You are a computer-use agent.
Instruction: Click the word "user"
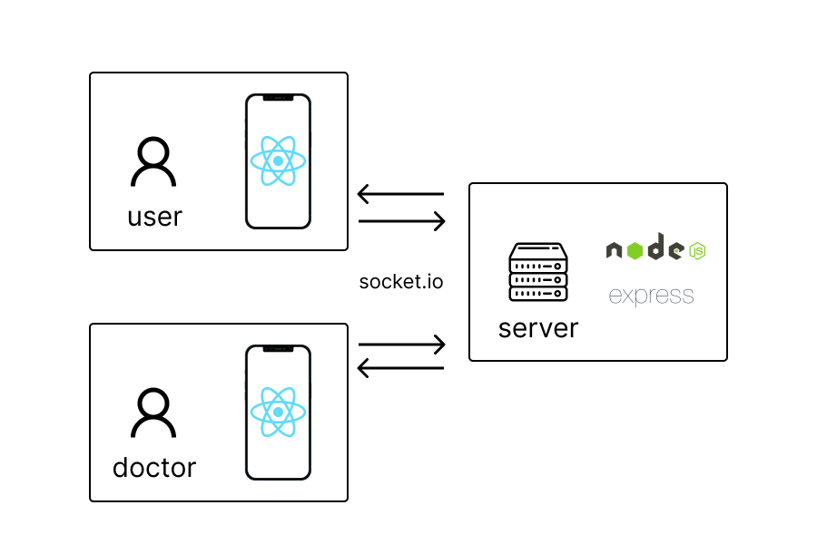[154, 218]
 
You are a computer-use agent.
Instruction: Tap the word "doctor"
[154, 468]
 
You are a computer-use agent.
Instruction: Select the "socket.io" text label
[401, 281]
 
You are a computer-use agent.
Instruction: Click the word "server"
[538, 328]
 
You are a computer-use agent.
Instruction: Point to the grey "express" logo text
[651, 296]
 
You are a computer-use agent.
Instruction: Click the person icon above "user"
[154, 163]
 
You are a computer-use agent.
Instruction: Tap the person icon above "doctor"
[154, 414]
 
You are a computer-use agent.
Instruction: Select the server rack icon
[538, 272]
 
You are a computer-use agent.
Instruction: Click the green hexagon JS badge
[697, 251]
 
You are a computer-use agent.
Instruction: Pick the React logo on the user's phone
[278, 160]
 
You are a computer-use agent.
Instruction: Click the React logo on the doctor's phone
[278, 412]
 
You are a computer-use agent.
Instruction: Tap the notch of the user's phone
[278, 98]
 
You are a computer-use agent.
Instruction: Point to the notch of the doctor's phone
[278, 349]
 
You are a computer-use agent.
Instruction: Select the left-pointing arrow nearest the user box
[400, 194]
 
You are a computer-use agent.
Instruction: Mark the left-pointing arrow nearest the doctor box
[400, 368]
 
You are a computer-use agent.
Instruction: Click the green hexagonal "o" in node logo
[635, 251]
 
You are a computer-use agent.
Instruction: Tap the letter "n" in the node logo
[615, 251]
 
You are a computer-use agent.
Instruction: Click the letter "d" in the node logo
[656, 247]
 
